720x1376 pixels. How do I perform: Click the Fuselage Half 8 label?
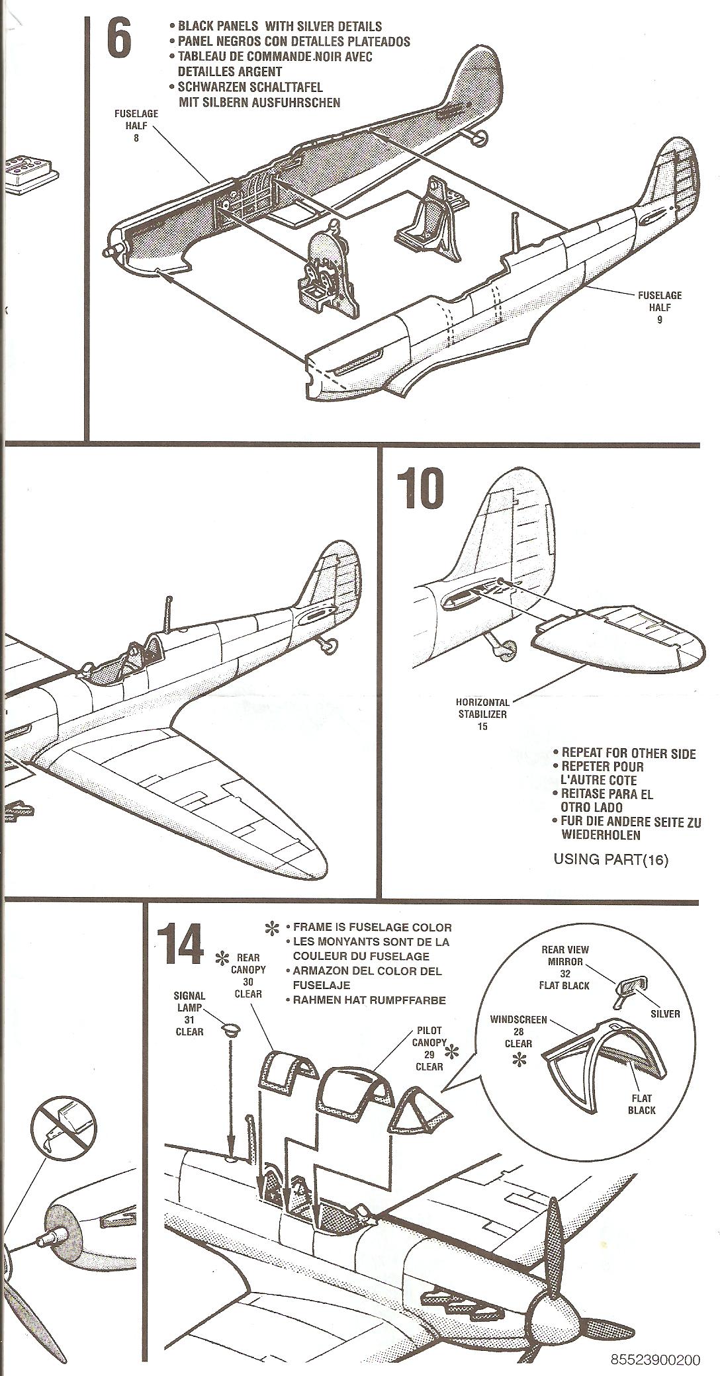click(136, 126)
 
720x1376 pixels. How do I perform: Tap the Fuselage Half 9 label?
click(659, 308)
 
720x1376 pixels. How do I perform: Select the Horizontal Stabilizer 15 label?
click(483, 714)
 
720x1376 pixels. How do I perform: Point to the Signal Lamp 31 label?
click(189, 1013)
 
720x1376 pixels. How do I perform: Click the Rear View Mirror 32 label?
click(565, 967)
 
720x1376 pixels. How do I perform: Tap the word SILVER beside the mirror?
click(664, 1013)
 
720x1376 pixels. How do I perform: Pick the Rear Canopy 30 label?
click(247, 976)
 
